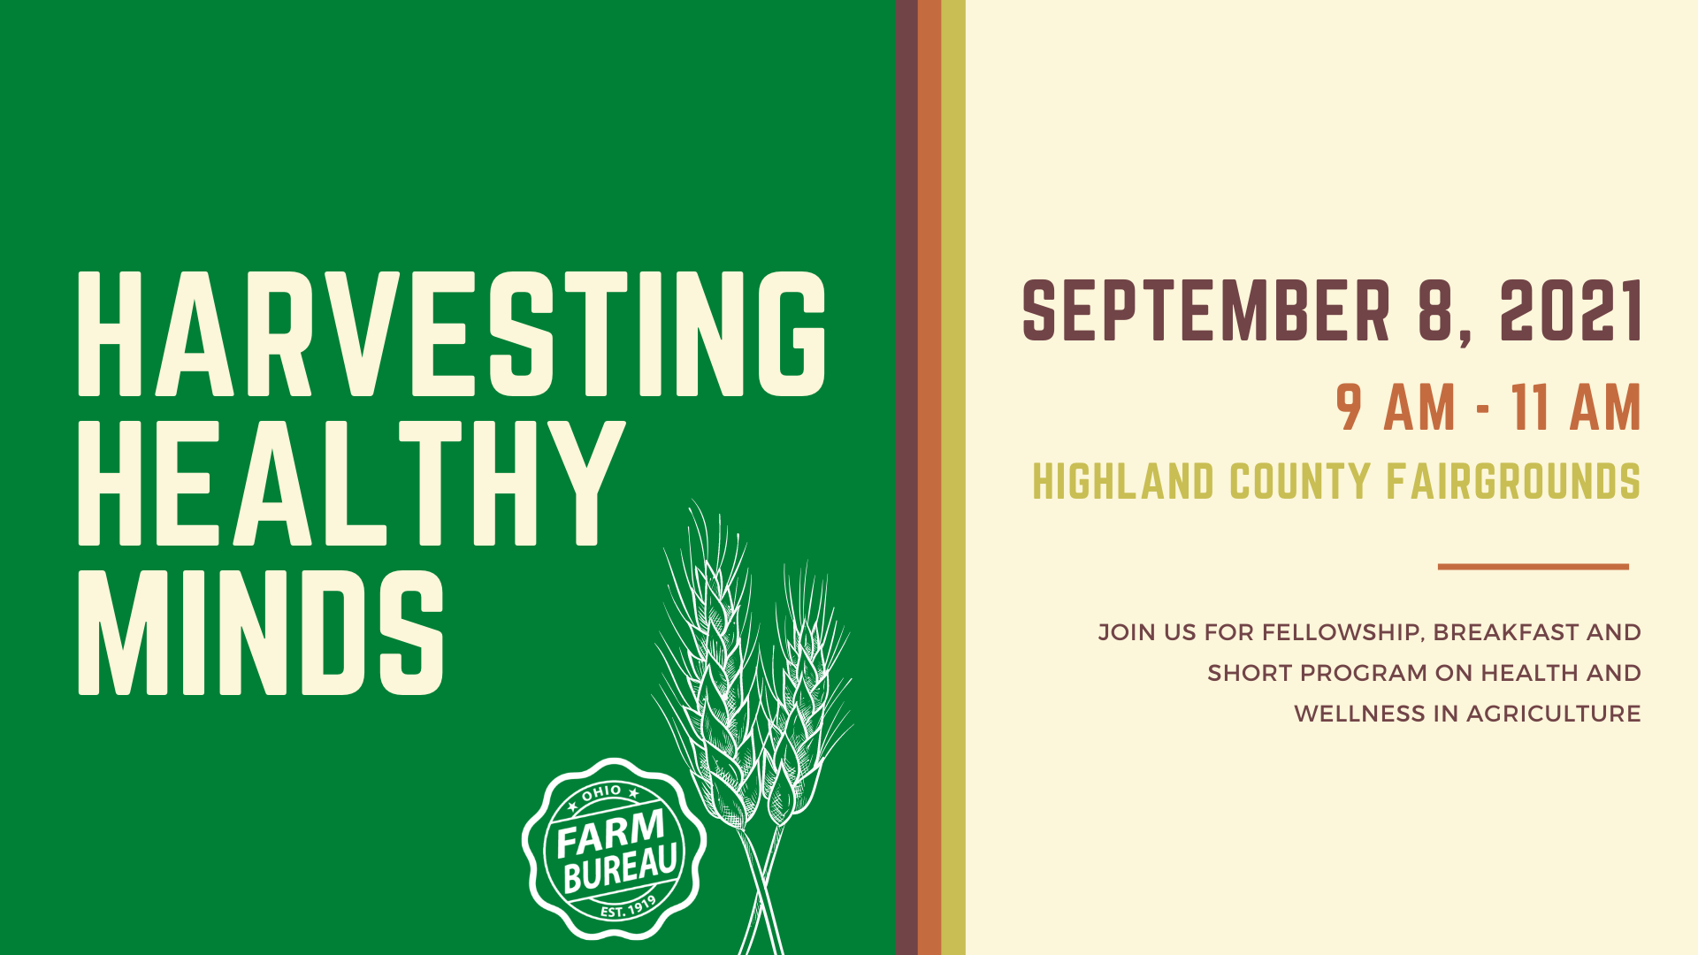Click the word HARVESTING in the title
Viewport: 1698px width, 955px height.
click(452, 333)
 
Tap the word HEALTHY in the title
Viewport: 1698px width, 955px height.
click(352, 482)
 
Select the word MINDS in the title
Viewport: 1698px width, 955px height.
click(261, 631)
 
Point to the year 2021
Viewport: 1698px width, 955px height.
click(1571, 310)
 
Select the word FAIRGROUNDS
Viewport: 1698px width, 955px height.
click(1513, 482)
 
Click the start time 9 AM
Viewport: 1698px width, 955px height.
click(1396, 408)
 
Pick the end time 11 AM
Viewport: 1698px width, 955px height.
click(1576, 408)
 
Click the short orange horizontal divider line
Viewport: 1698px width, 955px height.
click(1534, 567)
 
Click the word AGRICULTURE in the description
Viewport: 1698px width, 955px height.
click(1554, 714)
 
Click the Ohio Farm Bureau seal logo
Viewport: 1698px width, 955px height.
click(614, 849)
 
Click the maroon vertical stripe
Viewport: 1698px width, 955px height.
click(906, 477)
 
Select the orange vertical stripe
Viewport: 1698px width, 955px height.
click(929, 477)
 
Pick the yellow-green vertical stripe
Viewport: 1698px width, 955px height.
click(953, 477)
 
